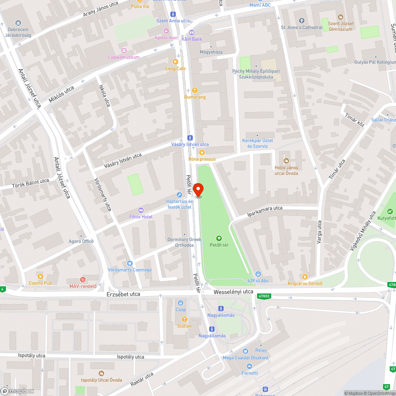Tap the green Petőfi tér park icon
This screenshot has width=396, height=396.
coord(219,238)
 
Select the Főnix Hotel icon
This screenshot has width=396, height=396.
coord(141,210)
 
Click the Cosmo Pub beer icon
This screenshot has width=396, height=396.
coord(40,276)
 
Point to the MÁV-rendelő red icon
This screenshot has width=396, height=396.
coord(83,279)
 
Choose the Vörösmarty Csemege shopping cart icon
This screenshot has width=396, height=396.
coord(129,263)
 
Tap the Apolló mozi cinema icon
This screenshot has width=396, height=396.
coord(166,31)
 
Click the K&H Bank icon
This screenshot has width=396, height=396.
coord(192,32)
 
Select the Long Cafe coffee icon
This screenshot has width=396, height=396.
coord(175,61)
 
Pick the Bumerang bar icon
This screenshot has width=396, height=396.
coord(195,90)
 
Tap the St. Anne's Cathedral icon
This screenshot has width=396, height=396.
coord(301,21)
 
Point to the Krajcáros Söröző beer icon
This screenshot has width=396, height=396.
coord(305,276)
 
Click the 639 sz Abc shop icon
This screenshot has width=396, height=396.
coord(258,274)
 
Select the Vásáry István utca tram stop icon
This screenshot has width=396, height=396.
coord(190,138)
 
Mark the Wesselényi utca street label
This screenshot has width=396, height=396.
coord(233,292)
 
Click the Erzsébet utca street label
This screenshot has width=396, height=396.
coord(124,294)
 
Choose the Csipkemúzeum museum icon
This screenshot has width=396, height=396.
coord(124,50)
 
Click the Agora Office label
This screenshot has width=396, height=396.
coord(81,241)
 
